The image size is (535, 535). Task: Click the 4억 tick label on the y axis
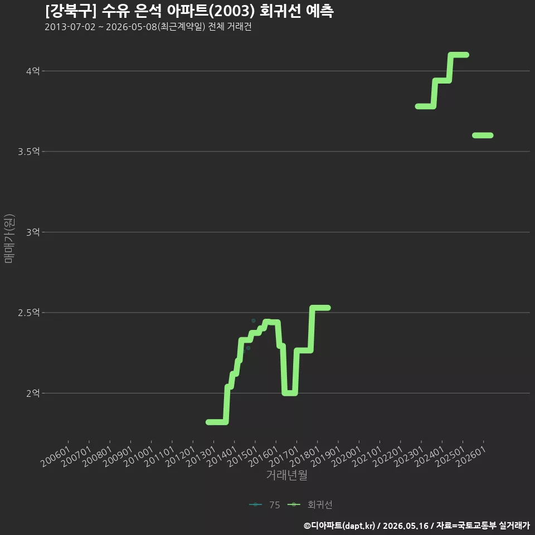(33, 71)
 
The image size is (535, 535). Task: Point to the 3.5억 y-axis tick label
(28, 152)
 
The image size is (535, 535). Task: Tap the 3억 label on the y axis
(33, 232)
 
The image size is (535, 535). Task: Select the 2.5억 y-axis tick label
(28, 313)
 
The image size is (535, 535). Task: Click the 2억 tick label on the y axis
(33, 393)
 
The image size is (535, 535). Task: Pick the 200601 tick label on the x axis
(56, 456)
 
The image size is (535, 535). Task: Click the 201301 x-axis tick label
(201, 456)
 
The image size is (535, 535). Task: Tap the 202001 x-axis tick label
(347, 456)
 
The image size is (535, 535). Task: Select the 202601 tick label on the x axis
(471, 456)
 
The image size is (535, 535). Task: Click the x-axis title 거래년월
(286, 475)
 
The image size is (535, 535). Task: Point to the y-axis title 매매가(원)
(9, 239)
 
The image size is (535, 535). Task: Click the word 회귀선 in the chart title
(280, 11)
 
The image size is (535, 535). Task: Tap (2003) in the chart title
(232, 11)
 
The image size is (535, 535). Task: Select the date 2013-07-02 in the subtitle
(70, 27)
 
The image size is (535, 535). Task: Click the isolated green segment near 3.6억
(483, 135)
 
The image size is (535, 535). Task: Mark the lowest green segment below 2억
(216, 422)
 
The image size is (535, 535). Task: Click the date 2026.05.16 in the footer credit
(405, 526)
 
